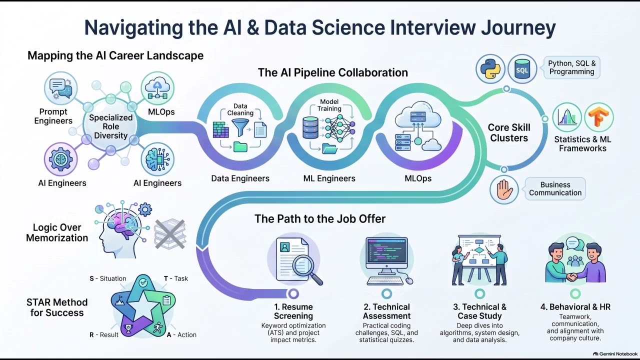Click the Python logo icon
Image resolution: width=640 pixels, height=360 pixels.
click(x=490, y=69)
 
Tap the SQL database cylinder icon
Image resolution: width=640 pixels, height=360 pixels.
click(x=522, y=69)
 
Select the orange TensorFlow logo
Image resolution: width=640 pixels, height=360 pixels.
click(x=598, y=117)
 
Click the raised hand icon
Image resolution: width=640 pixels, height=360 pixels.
click(x=503, y=189)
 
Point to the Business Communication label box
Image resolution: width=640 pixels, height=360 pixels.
click(x=555, y=188)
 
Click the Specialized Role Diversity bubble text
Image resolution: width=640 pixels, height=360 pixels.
click(x=111, y=126)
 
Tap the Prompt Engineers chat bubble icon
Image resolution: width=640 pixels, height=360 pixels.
click(x=60, y=88)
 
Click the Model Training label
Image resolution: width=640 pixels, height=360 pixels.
click(x=329, y=105)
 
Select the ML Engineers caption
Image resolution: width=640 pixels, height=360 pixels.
click(x=329, y=178)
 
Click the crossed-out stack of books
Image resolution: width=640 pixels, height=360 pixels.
click(x=170, y=233)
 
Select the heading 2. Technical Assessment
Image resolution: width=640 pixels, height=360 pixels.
click(x=386, y=311)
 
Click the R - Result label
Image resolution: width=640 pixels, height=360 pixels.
click(x=103, y=334)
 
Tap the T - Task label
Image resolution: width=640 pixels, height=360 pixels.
click(x=175, y=278)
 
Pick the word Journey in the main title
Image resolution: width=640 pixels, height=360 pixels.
click(x=518, y=27)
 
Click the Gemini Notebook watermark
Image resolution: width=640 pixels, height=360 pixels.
click(x=615, y=354)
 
